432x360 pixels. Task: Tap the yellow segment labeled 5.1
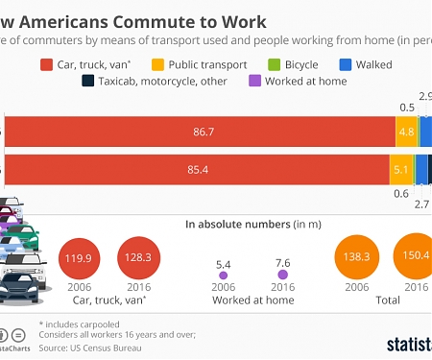[x=401, y=169]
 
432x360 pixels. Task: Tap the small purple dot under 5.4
[x=222, y=274]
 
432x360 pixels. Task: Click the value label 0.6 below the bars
[x=401, y=191]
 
